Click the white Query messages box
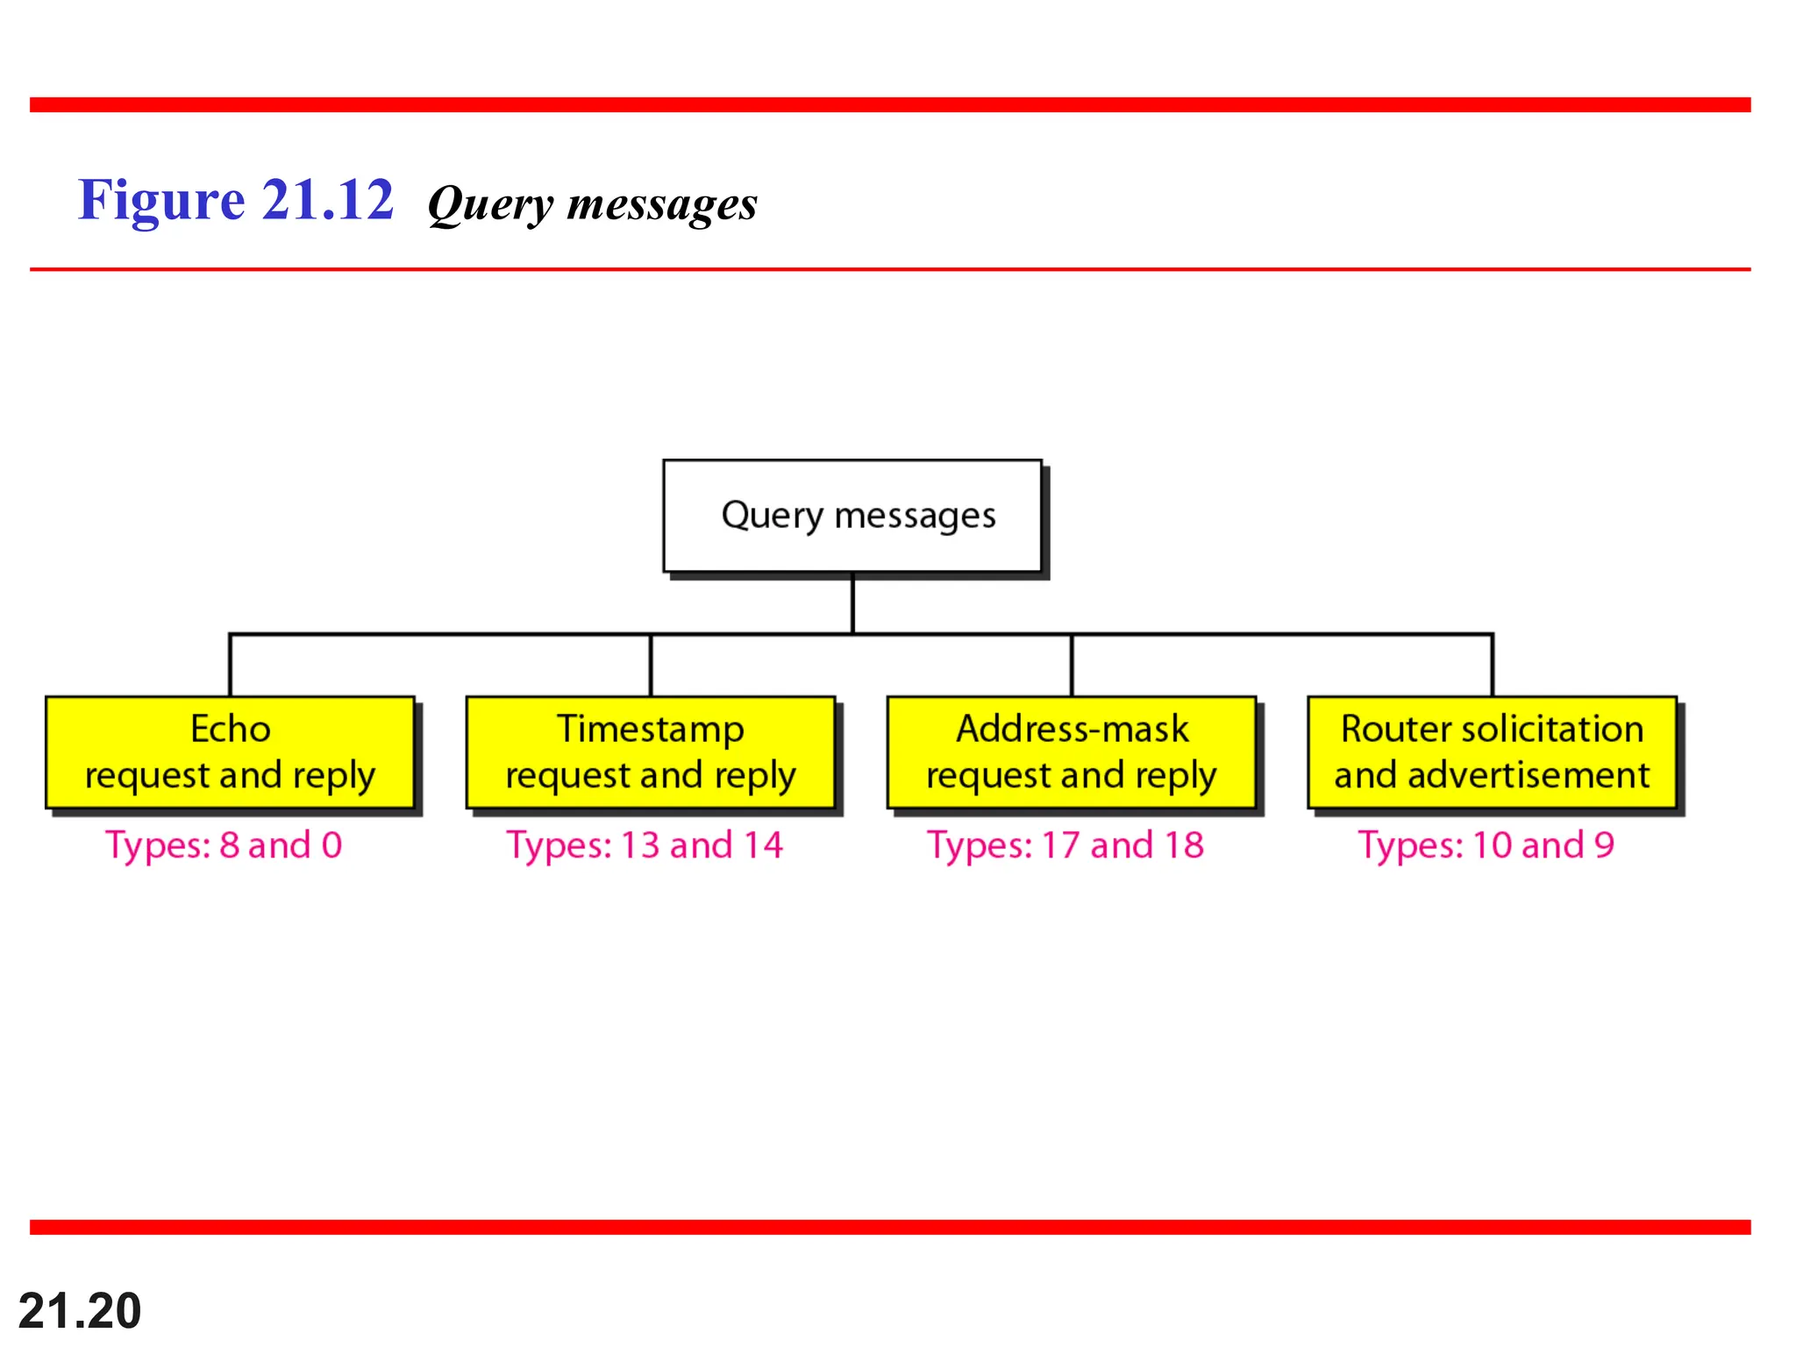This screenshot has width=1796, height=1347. pos(852,516)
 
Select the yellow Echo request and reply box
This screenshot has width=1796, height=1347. pos(230,752)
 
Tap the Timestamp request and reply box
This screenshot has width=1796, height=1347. pos(650,752)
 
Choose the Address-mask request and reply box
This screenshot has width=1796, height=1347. pos(1071,752)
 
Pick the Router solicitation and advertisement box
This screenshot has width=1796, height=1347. pos(1492,752)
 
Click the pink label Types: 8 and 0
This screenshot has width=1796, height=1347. pos(224,845)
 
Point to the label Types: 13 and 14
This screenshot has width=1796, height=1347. pos(645,845)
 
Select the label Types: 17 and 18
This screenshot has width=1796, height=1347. pos(1065,845)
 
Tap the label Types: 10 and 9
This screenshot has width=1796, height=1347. pos(1486,845)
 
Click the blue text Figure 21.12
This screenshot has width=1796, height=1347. pos(236,200)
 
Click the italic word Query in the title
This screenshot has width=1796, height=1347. pos(491,205)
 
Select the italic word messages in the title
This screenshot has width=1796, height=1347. pos(662,203)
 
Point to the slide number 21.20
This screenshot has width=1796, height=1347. pos(80,1311)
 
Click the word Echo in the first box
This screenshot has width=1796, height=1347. pos(231,729)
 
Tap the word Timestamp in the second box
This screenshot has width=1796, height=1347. pos(651,730)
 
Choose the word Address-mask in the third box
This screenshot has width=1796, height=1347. pos(1072,729)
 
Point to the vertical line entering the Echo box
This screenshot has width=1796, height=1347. pos(230,665)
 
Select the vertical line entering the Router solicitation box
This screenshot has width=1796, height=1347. pos(1492,665)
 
